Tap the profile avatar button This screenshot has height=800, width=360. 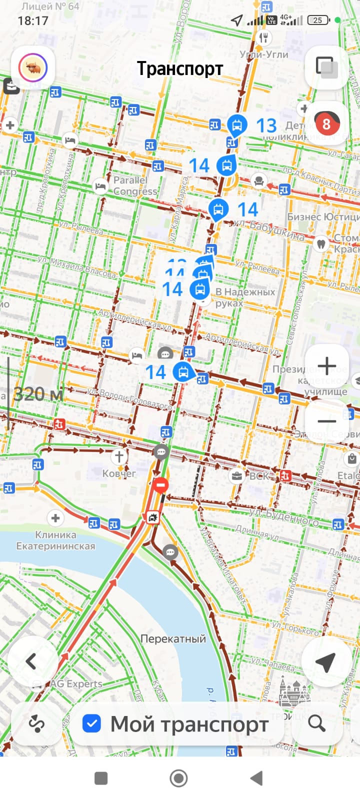pos(33,68)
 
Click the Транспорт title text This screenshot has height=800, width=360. pos(180,68)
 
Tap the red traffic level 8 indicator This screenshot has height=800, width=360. pos(326,123)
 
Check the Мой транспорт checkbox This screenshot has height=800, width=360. pos(92,723)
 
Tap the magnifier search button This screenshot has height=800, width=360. pos(316,723)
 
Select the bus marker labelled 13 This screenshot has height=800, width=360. pos(237,125)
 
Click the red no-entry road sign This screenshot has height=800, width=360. pos(161,484)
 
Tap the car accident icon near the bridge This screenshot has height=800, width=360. pos(151,517)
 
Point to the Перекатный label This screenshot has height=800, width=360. pos(173,638)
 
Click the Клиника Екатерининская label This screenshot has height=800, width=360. pos(55,540)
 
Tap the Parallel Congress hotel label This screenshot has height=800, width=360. pos(131,185)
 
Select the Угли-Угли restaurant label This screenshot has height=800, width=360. pos(264,54)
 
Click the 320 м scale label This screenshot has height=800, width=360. pos(38,394)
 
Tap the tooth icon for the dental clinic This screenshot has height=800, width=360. pos(320,244)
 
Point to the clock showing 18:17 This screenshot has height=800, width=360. pos(33,20)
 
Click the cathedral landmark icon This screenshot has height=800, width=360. pos(294,692)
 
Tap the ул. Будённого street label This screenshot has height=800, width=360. pos(283,516)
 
